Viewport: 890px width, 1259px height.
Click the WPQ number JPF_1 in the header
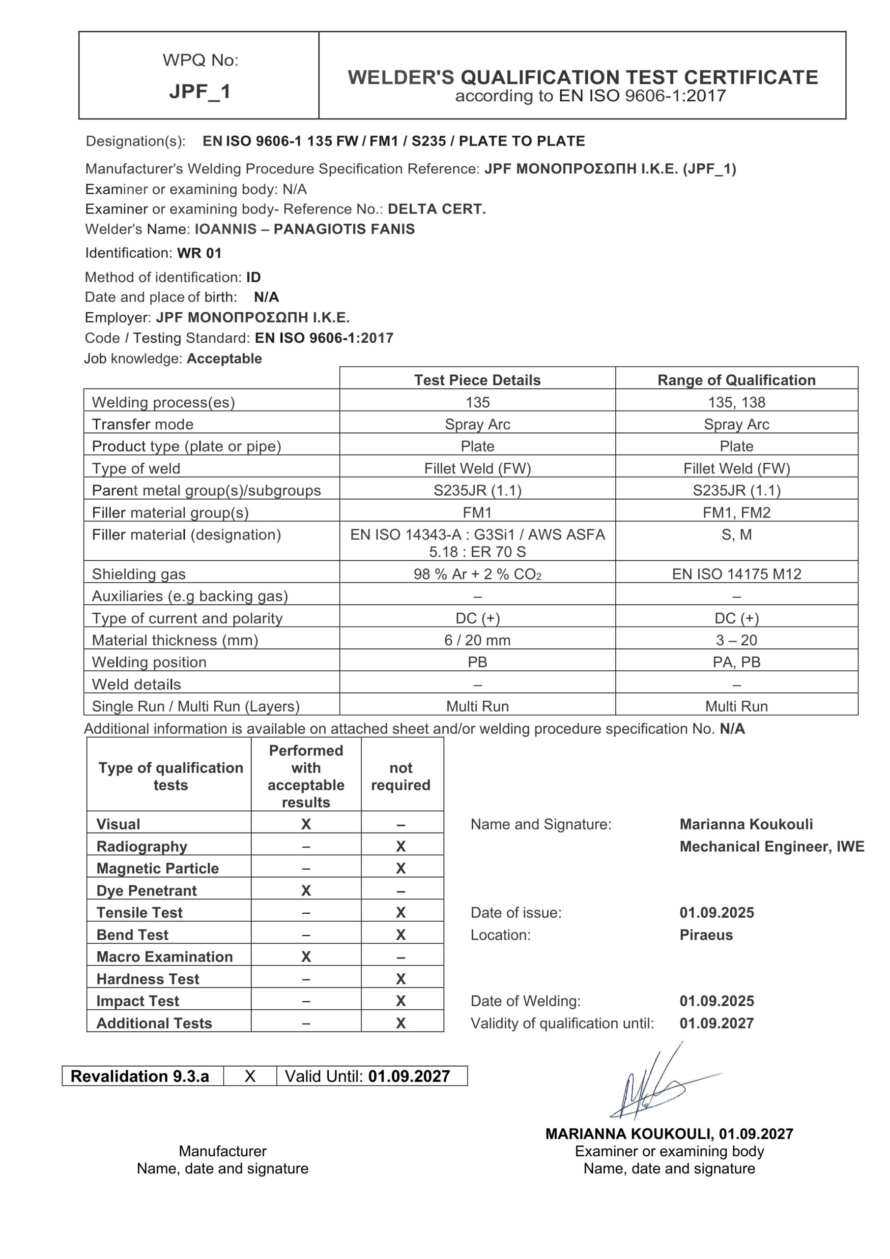coord(200,91)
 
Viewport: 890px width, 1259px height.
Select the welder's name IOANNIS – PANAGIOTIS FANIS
coord(305,229)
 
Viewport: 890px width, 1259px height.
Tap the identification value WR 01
coord(199,253)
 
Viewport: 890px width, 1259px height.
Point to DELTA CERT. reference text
coord(437,209)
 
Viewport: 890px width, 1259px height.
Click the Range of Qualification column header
coord(736,380)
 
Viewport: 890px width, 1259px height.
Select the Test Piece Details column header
coord(477,380)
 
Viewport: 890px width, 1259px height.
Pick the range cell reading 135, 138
coord(736,402)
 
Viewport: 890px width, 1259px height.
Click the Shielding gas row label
coord(139,574)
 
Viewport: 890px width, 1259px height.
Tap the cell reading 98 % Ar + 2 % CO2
coord(477,574)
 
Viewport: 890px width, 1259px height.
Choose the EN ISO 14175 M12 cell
coord(736,574)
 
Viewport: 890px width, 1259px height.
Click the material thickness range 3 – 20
coord(736,640)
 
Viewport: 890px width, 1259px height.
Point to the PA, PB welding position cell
coord(736,662)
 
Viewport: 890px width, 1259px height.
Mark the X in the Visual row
coord(306,824)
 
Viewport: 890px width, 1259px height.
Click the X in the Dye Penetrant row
coord(306,891)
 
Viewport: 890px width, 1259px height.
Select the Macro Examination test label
coord(165,957)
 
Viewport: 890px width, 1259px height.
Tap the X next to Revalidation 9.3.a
coord(250,1076)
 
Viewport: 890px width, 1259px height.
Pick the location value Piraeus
coord(706,934)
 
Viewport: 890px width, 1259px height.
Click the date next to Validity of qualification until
coord(716,1023)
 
